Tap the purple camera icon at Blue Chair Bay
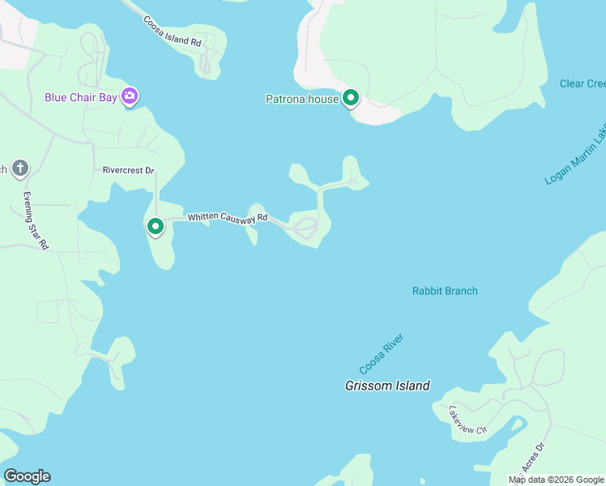130,97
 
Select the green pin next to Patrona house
351,98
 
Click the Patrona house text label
302,99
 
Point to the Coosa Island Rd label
172,31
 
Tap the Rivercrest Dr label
128,170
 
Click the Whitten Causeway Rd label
228,218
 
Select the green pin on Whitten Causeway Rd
156,227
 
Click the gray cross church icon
20,168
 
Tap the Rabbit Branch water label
445,291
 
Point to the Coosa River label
382,354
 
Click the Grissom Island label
387,386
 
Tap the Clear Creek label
583,83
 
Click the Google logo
27,476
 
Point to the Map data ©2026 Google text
557,480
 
